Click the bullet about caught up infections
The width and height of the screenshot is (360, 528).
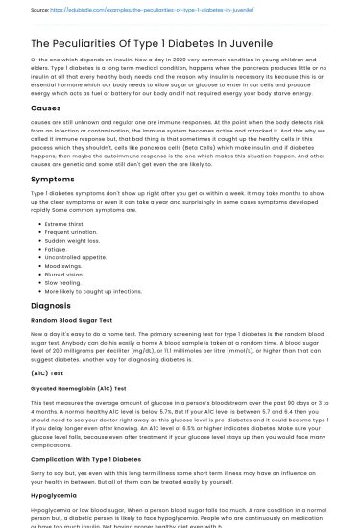[93, 290]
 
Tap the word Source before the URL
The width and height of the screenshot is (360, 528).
[41, 10]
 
